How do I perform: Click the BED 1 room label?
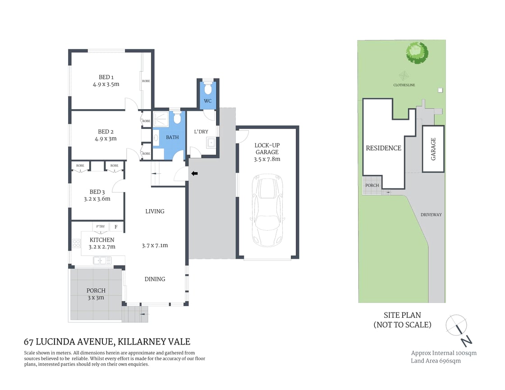pos(106,77)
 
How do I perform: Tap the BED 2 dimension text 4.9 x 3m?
pos(106,139)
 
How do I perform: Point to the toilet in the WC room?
pos(207,87)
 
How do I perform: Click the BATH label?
pos(172,138)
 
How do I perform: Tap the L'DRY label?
pos(201,132)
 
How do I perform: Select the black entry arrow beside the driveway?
pos(194,173)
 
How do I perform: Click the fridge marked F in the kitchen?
pos(116,227)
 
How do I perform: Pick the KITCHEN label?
pos(102,240)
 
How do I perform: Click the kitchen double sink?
pos(102,260)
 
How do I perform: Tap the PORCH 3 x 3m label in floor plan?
pos(96,294)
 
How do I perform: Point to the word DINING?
pos(155,279)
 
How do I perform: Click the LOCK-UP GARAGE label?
pos(267,148)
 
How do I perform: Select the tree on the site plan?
pos(417,52)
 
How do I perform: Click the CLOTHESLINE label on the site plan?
pos(404,84)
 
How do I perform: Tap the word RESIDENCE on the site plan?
pos(383,148)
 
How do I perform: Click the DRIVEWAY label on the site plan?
pos(431,215)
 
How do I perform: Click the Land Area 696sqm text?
pos(436,361)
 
